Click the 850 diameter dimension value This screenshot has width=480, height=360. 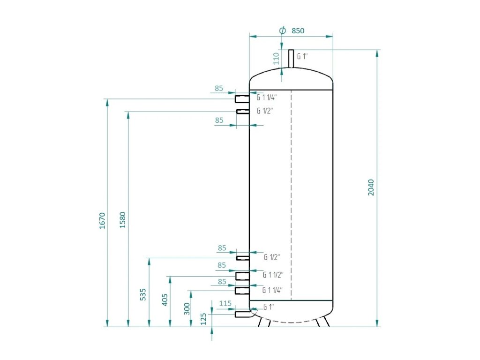(x=298, y=30)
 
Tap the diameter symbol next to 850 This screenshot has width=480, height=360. (x=283, y=30)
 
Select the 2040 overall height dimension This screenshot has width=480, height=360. (x=371, y=187)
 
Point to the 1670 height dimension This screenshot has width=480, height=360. (x=102, y=221)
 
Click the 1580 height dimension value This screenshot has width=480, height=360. (x=122, y=220)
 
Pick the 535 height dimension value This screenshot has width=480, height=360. (x=143, y=294)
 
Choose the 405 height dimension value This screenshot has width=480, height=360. (x=165, y=300)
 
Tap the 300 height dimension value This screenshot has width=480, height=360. (x=187, y=309)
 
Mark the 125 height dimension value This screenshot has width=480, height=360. (x=203, y=319)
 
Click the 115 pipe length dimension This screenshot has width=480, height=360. (x=225, y=303)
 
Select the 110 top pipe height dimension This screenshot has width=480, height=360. (x=277, y=59)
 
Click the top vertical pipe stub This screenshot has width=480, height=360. (x=291, y=59)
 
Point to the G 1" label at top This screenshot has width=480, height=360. (x=302, y=56)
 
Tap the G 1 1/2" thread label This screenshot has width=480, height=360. (x=273, y=275)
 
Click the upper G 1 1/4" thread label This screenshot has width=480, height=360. (x=267, y=97)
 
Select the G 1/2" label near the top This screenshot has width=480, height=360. (x=265, y=111)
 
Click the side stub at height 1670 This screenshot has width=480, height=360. (x=242, y=99)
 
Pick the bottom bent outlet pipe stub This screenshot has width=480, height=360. (x=244, y=314)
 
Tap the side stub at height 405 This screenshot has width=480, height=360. (x=242, y=276)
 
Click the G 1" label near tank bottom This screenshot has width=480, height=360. (x=269, y=307)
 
